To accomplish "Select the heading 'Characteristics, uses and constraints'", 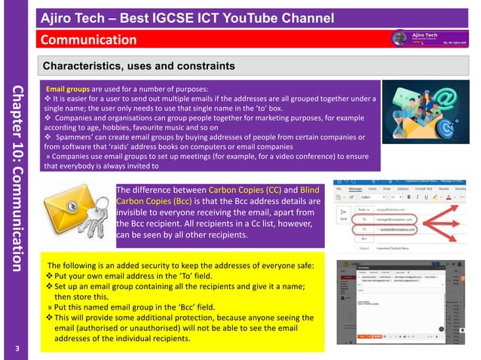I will (139, 66).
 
